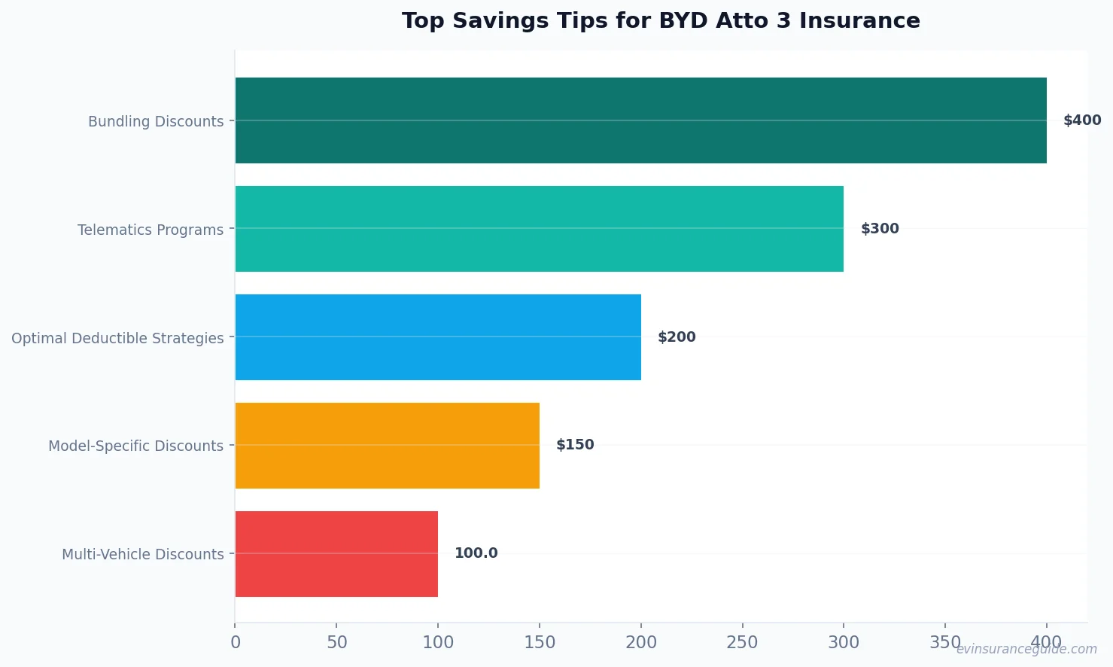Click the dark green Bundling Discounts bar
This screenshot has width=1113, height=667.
point(640,120)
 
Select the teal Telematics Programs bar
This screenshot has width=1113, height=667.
point(539,229)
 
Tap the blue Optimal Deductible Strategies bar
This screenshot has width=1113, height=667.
point(438,337)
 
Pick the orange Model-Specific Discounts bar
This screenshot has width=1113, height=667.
point(387,446)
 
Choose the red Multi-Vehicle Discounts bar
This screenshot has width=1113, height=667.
point(336,554)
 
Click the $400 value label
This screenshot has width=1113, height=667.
point(1081,120)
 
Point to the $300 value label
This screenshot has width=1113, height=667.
point(880,229)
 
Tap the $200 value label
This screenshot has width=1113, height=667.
point(677,337)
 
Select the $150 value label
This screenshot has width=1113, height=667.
point(575,445)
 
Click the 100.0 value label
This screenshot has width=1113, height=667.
point(476,553)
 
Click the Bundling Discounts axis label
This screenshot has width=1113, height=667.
point(156,121)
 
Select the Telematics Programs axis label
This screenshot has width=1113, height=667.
point(151,230)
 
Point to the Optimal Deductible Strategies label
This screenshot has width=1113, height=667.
point(117,338)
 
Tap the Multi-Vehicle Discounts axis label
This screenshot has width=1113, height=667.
point(143,555)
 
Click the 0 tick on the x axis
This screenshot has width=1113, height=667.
point(236,643)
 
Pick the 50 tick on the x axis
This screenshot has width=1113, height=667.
point(336,643)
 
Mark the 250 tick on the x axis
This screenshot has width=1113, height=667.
point(742,643)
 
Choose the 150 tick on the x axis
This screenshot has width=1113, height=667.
point(540,643)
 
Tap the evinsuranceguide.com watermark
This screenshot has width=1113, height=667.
point(1026,649)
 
